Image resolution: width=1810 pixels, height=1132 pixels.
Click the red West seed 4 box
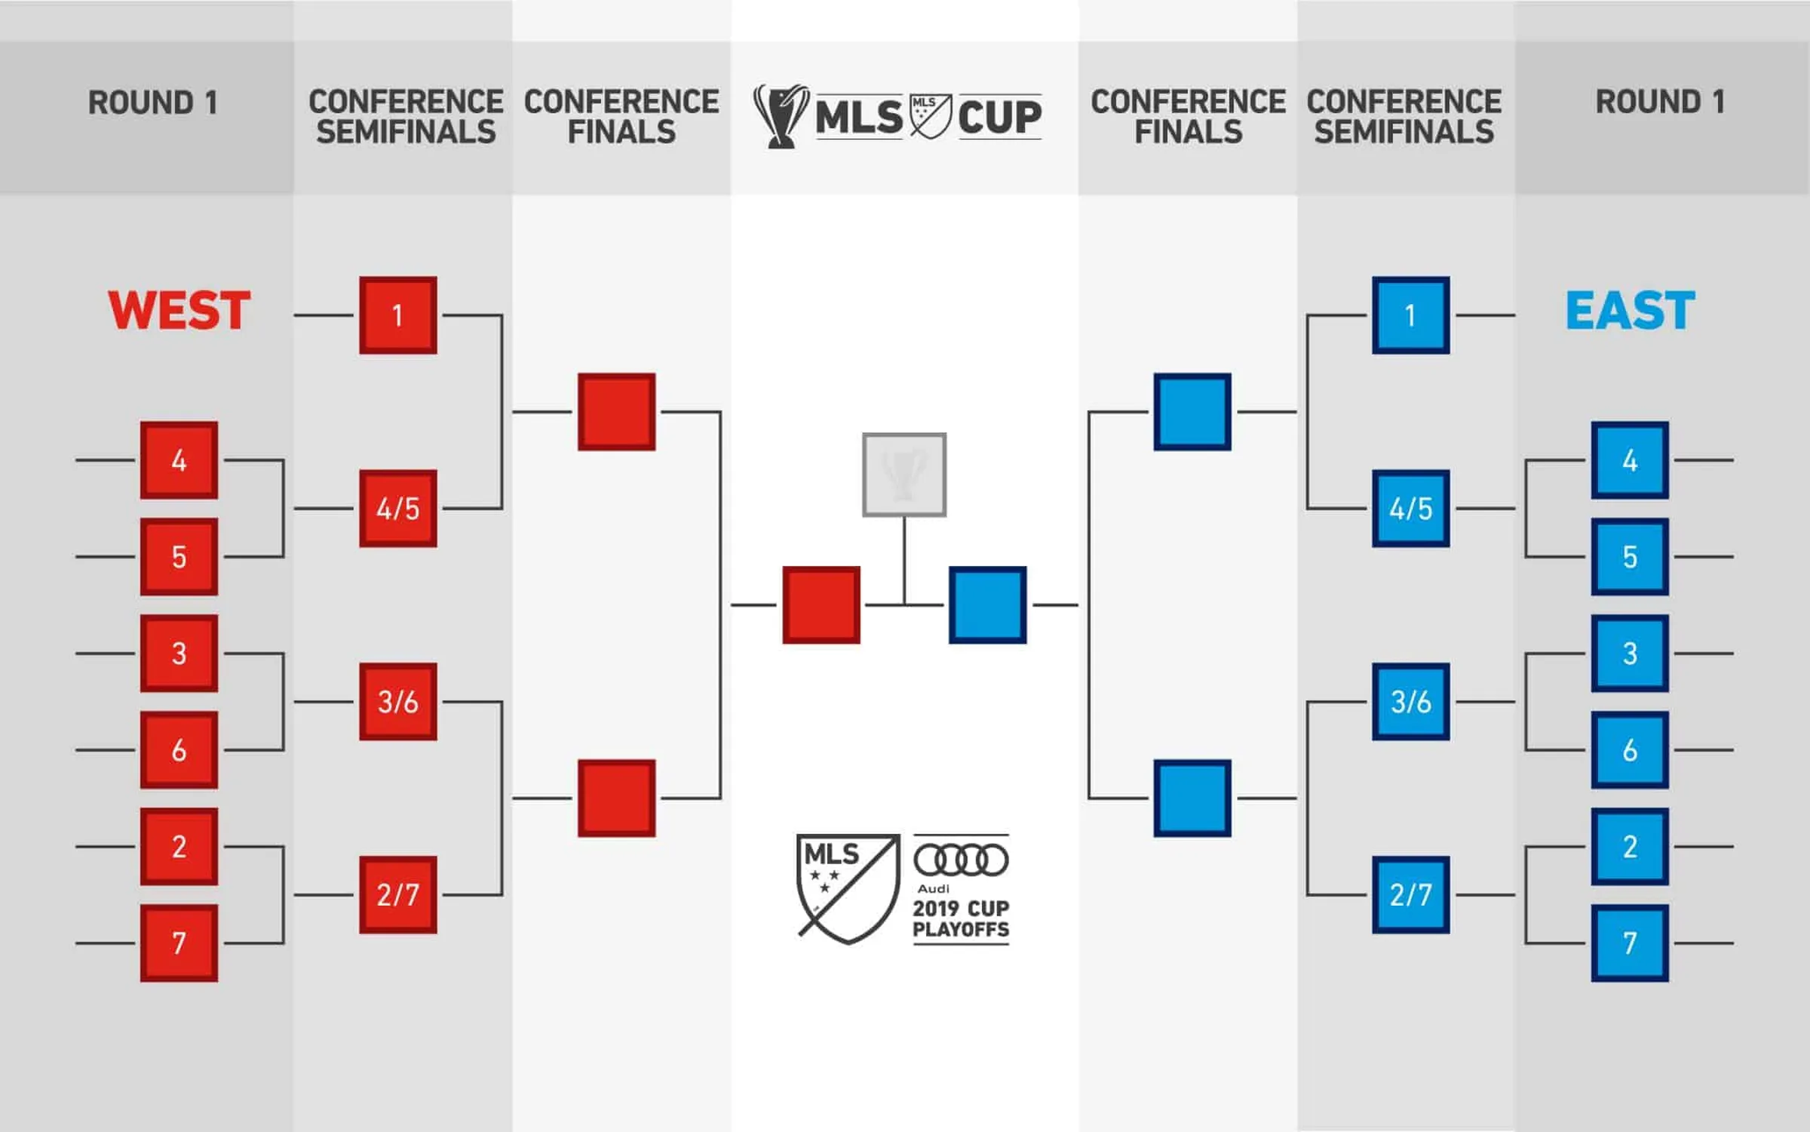tap(179, 460)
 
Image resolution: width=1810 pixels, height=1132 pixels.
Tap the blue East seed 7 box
tap(1630, 943)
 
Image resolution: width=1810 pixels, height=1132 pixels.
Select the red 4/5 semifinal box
tap(398, 509)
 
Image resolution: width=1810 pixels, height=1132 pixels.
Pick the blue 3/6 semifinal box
tap(1410, 702)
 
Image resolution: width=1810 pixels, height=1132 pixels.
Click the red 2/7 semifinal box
tap(398, 895)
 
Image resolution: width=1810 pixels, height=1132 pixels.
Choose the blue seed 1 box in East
tap(1410, 315)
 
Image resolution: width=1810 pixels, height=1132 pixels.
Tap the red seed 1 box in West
tap(398, 315)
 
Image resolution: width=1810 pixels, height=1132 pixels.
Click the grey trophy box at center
tap(904, 475)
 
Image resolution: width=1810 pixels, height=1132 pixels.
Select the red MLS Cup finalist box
tap(821, 605)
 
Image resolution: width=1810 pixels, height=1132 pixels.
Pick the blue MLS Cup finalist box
tap(987, 605)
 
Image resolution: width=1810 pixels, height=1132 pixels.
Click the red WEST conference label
tap(179, 310)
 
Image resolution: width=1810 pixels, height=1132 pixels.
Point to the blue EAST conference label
tap(1630, 310)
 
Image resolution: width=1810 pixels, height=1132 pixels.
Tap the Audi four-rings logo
tap(961, 860)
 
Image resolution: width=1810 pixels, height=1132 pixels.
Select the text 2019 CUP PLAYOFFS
tap(961, 918)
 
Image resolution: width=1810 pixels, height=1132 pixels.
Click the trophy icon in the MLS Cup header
tap(781, 116)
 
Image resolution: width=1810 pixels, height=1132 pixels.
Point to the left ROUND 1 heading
tap(153, 103)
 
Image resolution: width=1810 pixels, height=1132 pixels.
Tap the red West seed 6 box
tap(179, 750)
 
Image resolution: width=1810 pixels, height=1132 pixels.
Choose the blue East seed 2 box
tap(1630, 847)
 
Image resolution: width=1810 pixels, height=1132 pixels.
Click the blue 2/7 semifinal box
tap(1410, 895)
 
